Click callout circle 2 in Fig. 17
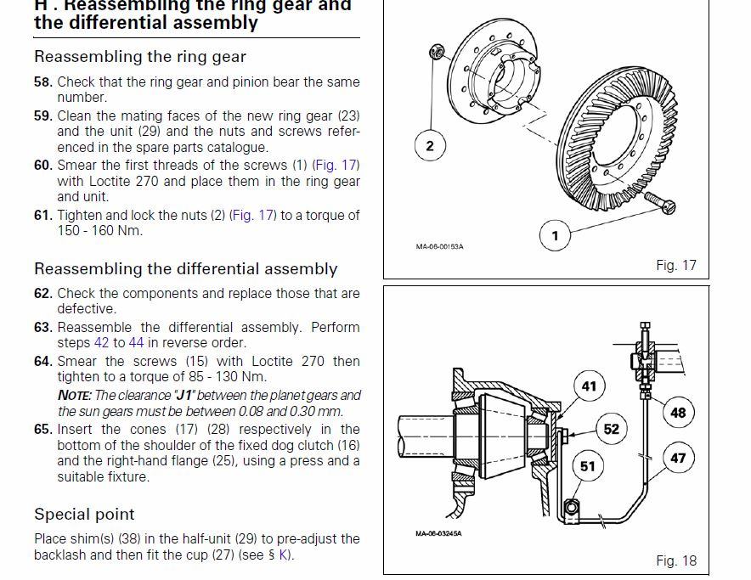[x=430, y=145]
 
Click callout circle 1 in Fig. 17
[x=555, y=235]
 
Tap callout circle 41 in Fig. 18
[x=589, y=386]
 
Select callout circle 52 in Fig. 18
[x=612, y=429]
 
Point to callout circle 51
[x=588, y=466]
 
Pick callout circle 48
[x=678, y=413]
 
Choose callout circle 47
[x=678, y=458]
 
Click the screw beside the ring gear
[x=660, y=203]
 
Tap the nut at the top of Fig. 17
[x=438, y=52]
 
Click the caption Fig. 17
[x=675, y=265]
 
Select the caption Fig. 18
[x=675, y=560]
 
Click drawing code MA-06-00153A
[x=440, y=246]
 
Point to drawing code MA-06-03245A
[x=438, y=533]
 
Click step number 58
[x=43, y=82]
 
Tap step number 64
[x=43, y=361]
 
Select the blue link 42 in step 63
[x=102, y=343]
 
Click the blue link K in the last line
[x=284, y=555]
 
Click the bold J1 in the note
[x=184, y=396]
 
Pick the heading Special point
[x=84, y=515]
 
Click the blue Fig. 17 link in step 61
[x=253, y=216]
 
